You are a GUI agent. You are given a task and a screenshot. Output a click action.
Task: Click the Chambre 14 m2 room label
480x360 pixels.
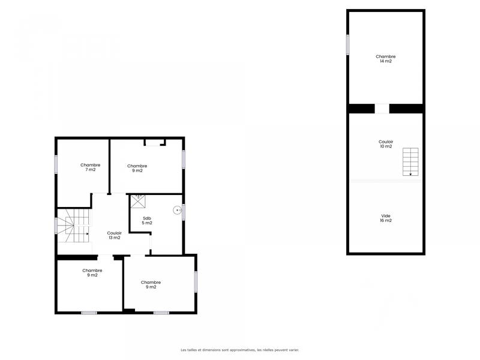point(386,59)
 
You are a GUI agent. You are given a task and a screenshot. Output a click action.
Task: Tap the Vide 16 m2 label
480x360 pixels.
point(386,218)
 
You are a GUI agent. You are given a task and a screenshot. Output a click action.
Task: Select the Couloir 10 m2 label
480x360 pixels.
point(386,144)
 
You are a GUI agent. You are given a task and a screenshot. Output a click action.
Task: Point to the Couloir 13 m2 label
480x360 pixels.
point(114,235)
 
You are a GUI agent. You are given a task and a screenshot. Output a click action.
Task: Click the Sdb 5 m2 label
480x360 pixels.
point(147,220)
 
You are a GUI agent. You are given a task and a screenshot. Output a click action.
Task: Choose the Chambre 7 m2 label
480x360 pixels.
point(90,167)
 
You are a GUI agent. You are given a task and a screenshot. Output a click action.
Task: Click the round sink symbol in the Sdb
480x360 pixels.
point(177,210)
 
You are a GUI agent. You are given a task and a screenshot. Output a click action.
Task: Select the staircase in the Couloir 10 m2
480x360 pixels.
point(410,161)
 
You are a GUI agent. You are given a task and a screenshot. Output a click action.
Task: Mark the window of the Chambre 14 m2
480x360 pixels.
point(347,44)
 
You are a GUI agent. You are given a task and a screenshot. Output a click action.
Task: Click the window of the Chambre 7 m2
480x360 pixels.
point(56,164)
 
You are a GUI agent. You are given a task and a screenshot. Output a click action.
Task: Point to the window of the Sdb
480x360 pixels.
point(184,212)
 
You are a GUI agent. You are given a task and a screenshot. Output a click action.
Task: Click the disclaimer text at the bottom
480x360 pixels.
point(240,350)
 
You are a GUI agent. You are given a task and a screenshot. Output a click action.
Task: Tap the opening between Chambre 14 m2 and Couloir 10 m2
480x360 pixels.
point(382,109)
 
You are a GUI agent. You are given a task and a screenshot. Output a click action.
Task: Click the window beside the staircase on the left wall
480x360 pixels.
point(56,226)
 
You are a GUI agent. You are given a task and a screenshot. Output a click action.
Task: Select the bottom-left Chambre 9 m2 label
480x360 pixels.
point(92,272)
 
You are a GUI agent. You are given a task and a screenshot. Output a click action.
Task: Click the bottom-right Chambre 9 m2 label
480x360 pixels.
point(151,284)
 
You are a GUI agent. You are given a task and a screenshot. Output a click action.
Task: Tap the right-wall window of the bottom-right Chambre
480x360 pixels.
point(196,282)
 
